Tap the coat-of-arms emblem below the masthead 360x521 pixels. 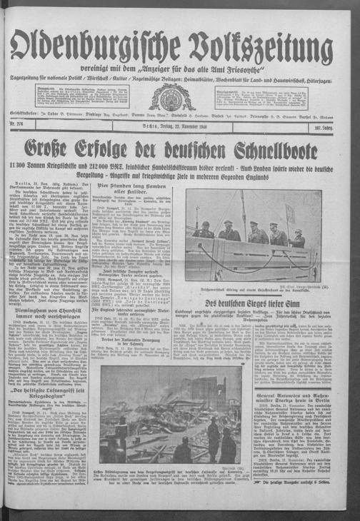171,97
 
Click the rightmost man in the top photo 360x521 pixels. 298,240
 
